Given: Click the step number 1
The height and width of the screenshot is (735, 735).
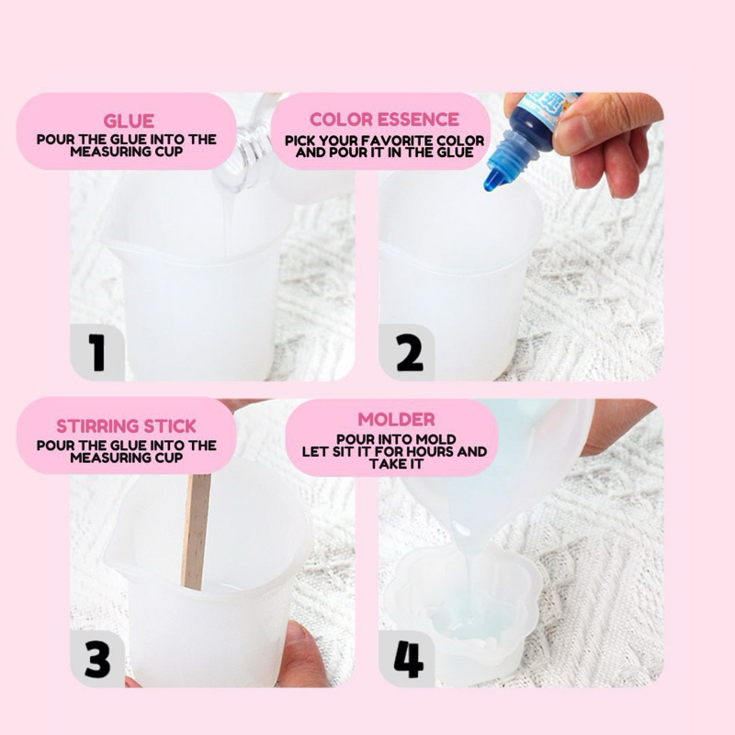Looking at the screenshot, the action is coord(96,352).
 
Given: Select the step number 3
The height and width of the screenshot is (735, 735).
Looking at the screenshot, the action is coord(97,659).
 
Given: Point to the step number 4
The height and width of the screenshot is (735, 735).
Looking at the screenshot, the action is coord(409,659).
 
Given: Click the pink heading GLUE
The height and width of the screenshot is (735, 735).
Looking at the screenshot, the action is coord(129,121).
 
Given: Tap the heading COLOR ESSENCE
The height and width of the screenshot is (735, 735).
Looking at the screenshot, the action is coord(384,119).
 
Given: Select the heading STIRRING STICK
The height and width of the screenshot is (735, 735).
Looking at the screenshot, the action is coord(126,426).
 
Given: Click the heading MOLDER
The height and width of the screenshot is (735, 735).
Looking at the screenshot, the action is coord(397,420).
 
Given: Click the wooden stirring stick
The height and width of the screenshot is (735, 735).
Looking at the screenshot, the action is coord(196,531).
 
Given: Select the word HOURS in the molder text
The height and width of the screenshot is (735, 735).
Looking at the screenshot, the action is coord(430,451).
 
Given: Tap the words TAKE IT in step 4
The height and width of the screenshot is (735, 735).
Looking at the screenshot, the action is coord(396,464).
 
